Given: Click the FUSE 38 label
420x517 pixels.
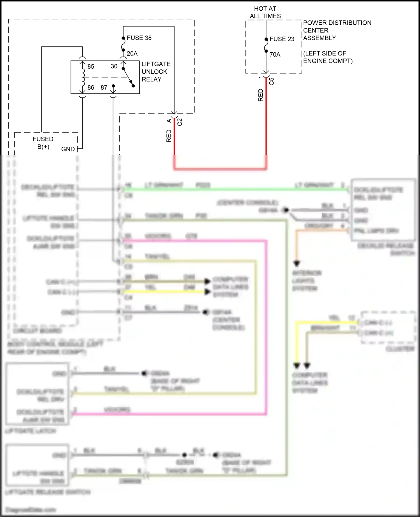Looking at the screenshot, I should (139, 38).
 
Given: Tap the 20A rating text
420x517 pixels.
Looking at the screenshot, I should (132, 53).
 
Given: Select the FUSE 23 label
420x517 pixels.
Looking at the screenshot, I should (282, 39).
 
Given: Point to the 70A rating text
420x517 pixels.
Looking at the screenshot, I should (275, 54).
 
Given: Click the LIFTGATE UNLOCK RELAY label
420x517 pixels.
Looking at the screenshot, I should (156, 72).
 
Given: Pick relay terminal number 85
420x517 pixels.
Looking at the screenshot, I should (91, 67).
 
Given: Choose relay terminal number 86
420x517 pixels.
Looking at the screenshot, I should (91, 88).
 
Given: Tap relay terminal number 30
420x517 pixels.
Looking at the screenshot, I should (114, 66).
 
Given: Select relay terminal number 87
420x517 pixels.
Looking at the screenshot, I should (104, 88).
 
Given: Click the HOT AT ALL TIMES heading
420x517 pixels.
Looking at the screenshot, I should (265, 12).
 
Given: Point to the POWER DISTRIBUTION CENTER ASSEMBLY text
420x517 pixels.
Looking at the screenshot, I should (337, 30).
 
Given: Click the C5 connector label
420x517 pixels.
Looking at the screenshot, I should (271, 81).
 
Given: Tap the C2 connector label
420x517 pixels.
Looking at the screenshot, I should (180, 122).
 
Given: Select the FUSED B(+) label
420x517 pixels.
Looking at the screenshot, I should (43, 143).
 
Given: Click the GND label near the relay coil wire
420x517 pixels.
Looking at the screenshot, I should (68, 149).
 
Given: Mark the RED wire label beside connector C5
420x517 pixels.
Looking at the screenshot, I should (261, 95).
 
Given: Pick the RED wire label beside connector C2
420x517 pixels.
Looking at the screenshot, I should (169, 136).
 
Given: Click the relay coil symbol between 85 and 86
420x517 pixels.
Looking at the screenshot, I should (83, 77).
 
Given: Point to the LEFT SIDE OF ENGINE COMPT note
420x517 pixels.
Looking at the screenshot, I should (328, 57).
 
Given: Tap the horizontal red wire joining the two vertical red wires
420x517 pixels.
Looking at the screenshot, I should (220, 169).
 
